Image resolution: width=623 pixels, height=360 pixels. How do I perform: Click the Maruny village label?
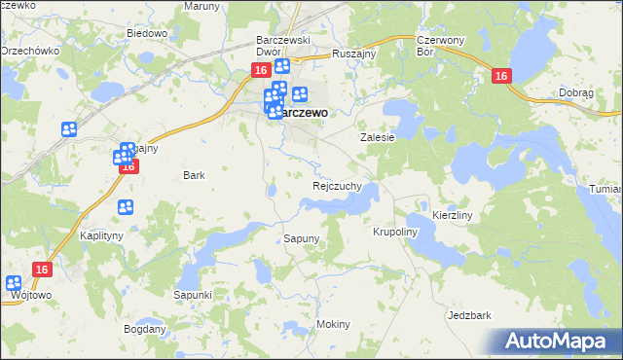pyautogui.click(x=202, y=6)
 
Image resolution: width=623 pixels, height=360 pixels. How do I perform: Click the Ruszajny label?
pyautogui.click(x=354, y=54)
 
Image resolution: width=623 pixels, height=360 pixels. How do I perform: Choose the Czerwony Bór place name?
pyautogui.click(x=436, y=46)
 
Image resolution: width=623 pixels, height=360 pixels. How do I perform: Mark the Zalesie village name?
pyautogui.click(x=377, y=138)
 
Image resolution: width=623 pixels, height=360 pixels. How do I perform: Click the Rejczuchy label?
pyautogui.click(x=337, y=185)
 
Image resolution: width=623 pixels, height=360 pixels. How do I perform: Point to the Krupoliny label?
pyautogui.click(x=395, y=233)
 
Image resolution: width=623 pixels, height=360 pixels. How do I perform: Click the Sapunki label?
pyautogui.click(x=193, y=294)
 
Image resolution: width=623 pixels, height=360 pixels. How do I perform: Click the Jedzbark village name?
pyautogui.click(x=469, y=316)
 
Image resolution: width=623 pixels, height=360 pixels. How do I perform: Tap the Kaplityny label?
pyautogui.click(x=100, y=236)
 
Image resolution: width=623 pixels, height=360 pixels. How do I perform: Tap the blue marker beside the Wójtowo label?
pyautogui.click(x=14, y=284)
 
